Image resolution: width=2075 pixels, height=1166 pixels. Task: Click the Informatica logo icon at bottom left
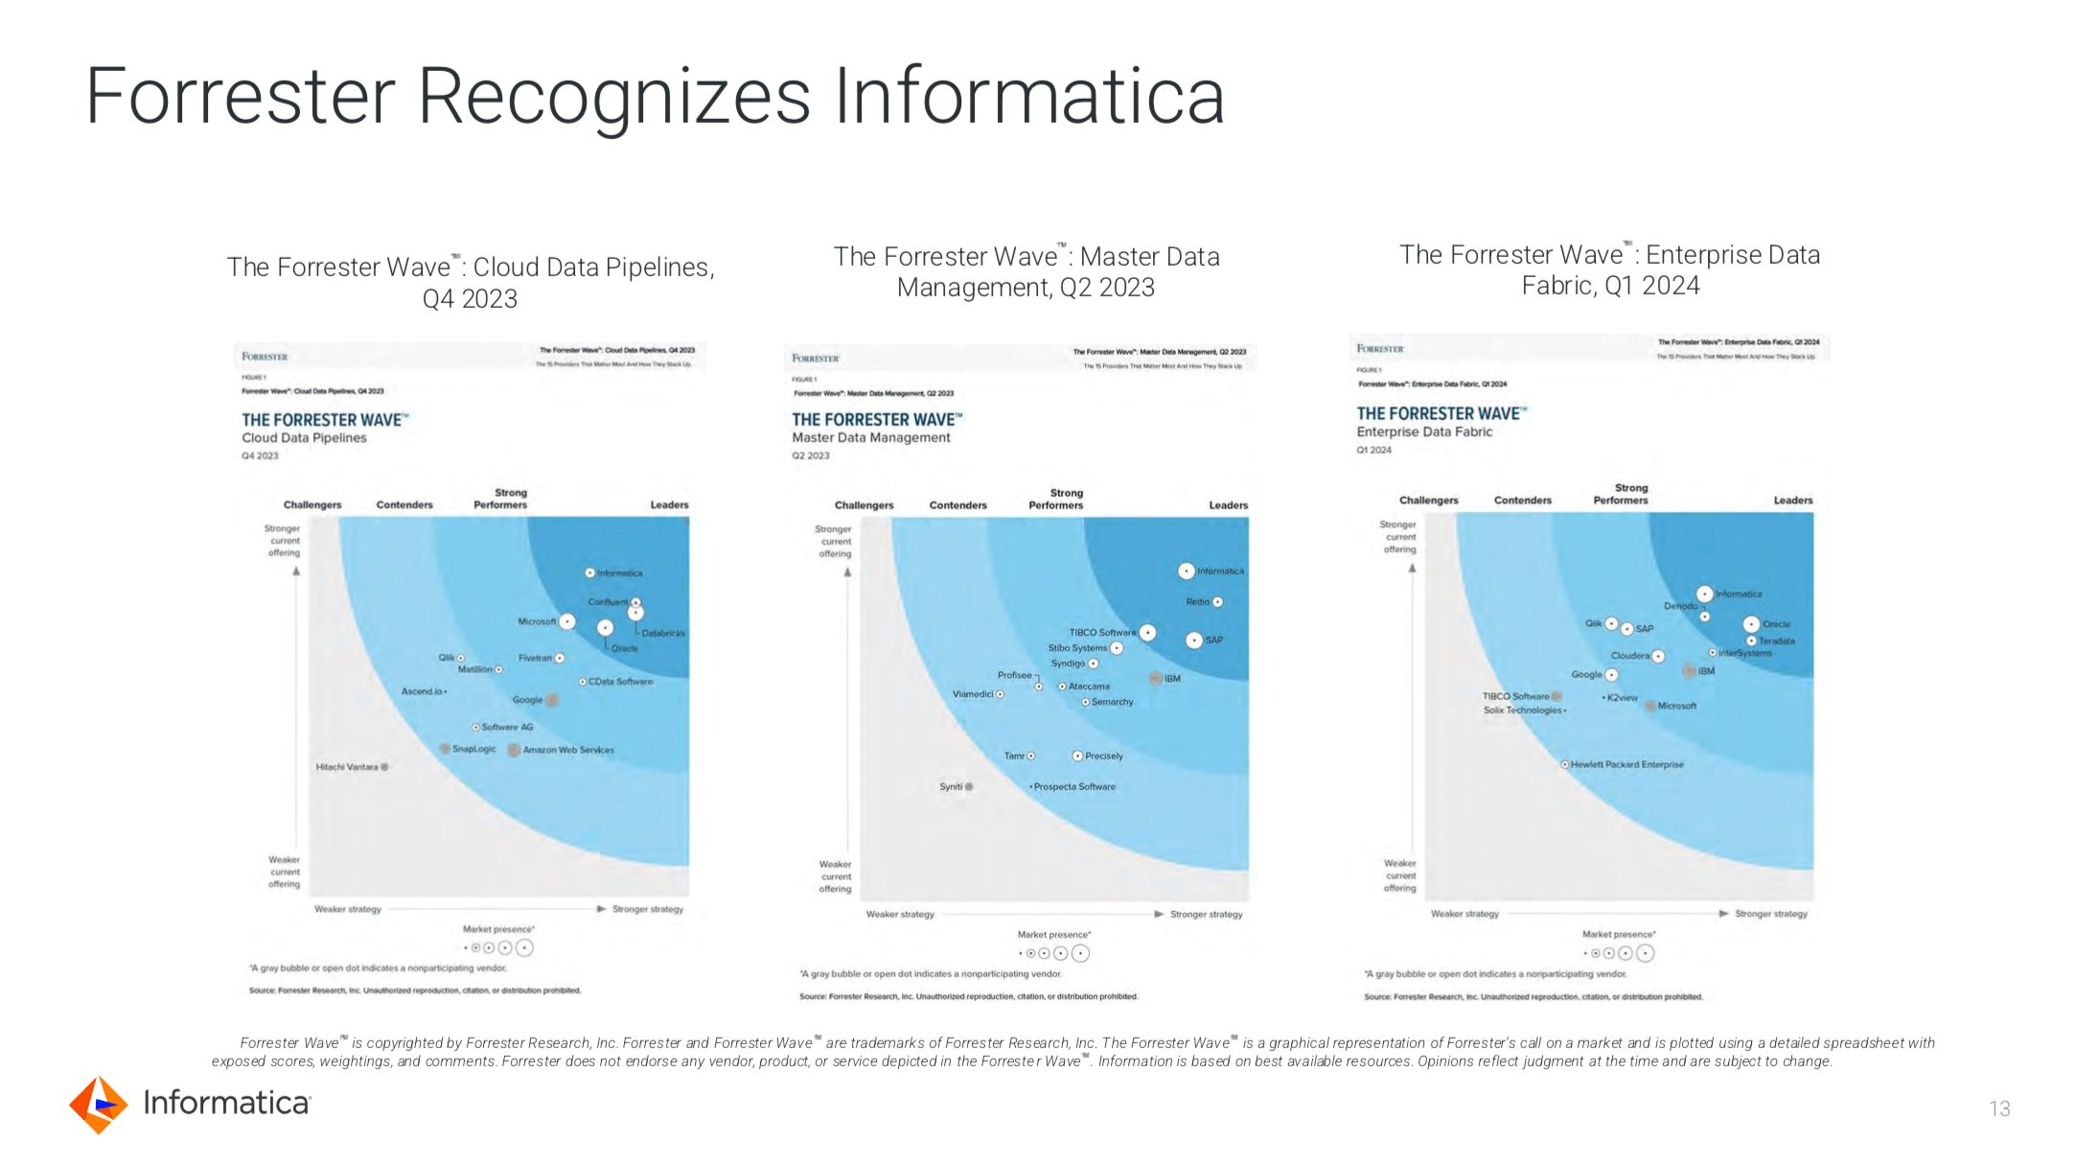(x=98, y=1105)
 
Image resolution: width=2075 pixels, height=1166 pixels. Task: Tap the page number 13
(x=1999, y=1108)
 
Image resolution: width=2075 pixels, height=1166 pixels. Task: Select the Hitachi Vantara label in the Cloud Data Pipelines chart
(x=347, y=767)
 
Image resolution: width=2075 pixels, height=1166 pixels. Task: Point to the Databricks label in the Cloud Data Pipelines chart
(x=663, y=633)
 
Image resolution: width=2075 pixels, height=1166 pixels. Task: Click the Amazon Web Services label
(x=568, y=750)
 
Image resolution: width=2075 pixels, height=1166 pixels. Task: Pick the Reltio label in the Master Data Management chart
(x=1198, y=602)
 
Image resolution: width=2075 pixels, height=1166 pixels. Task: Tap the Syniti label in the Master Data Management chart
(x=951, y=786)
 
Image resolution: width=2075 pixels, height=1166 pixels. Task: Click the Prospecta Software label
(x=1074, y=786)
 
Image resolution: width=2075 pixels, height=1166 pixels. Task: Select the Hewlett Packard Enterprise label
(x=1626, y=764)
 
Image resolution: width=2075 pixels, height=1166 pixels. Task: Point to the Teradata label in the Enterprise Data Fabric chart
(x=1777, y=641)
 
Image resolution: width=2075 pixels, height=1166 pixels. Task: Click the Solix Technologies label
(x=1523, y=710)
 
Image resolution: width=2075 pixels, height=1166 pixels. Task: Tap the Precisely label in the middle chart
(x=1104, y=756)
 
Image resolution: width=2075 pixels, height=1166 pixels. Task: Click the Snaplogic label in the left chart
(x=473, y=749)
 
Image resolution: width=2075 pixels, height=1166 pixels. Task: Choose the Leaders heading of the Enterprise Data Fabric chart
(x=1792, y=501)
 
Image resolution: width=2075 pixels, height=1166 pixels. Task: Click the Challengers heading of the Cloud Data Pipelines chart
(x=312, y=504)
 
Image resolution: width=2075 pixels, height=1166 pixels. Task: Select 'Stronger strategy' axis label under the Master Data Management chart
(x=1206, y=914)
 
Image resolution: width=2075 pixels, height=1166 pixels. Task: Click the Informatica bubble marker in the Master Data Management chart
(x=1187, y=571)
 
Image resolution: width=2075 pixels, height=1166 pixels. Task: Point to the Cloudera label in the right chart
(x=1629, y=656)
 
